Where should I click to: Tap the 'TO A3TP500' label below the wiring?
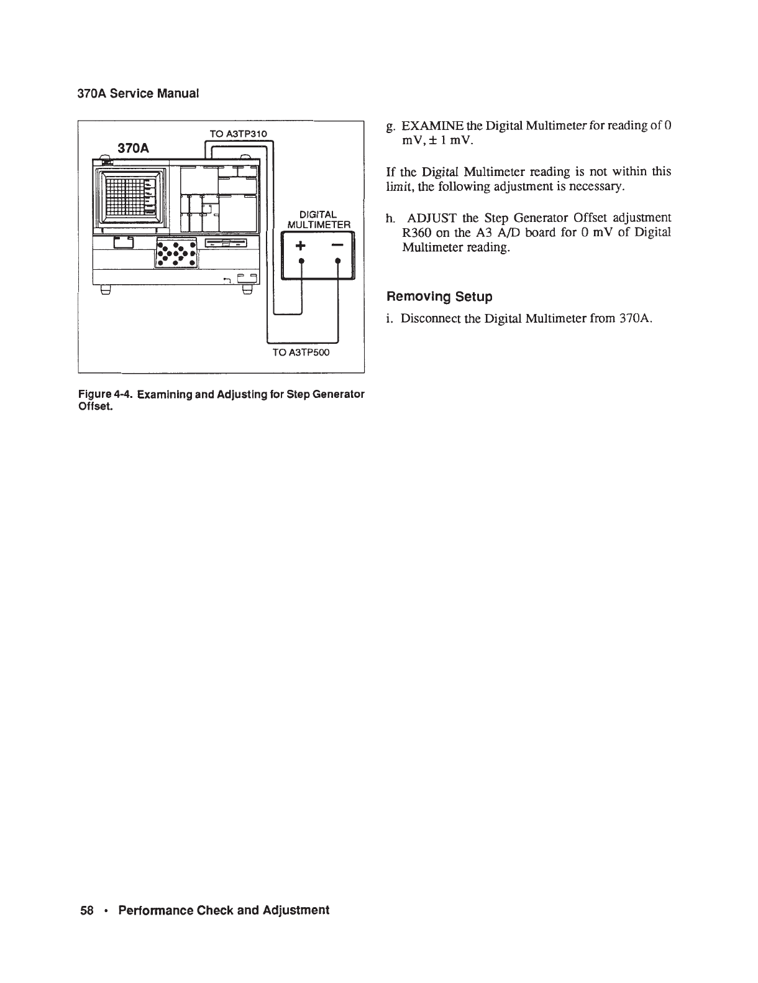pyautogui.click(x=302, y=353)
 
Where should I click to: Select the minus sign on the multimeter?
pyautogui.click(x=336, y=246)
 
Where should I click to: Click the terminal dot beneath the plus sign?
pyautogui.click(x=301, y=262)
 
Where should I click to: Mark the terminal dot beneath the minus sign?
pyautogui.click(x=337, y=262)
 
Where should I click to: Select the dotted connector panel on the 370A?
pyautogui.click(x=177, y=252)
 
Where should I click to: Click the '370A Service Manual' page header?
pyautogui.click(x=137, y=95)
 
